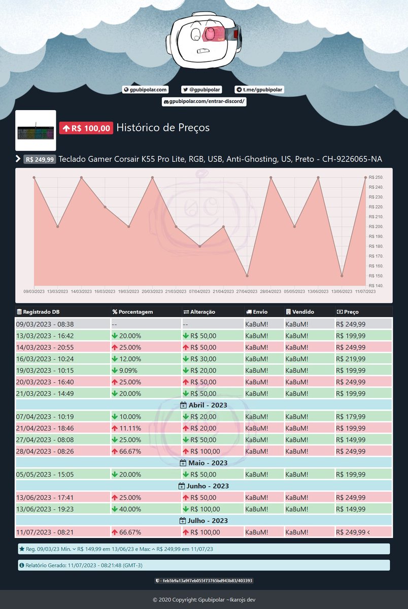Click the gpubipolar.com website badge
tap(145, 90)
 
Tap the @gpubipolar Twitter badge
tap(201, 90)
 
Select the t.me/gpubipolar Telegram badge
tap(259, 90)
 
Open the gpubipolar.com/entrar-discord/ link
tap(204, 101)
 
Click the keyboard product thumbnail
tap(36, 130)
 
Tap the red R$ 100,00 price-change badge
tap(86, 128)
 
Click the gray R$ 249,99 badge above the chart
tap(40, 159)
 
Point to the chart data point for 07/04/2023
tap(200, 246)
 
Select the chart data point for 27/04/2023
tap(247, 276)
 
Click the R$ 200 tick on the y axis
tap(376, 226)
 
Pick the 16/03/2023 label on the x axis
tap(105, 291)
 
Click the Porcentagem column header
tap(132, 312)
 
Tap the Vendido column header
tap(300, 312)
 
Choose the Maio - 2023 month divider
tap(204, 463)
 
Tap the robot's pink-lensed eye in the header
tap(210, 33)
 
